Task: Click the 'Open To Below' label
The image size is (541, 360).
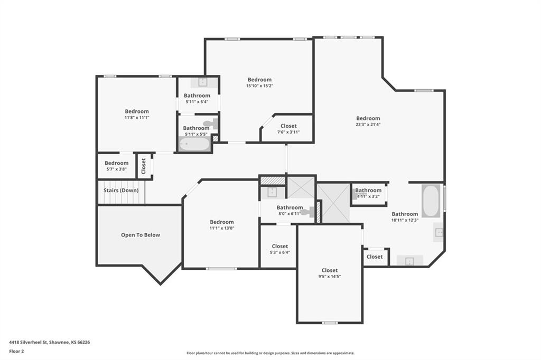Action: pyautogui.click(x=141, y=235)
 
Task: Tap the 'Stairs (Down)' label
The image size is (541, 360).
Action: pyautogui.click(x=121, y=191)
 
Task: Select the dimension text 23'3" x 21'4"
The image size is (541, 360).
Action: pyautogui.click(x=368, y=125)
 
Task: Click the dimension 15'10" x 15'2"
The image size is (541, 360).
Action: pyautogui.click(x=259, y=86)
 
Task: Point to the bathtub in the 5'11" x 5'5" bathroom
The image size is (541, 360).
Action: pyautogui.click(x=194, y=144)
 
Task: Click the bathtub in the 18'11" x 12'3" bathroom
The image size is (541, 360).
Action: pyautogui.click(x=431, y=201)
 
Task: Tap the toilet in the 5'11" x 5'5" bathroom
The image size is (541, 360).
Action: pyautogui.click(x=210, y=124)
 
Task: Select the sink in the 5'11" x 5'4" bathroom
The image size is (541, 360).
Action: pyautogui.click(x=202, y=82)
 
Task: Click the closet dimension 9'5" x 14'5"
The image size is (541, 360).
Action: pyautogui.click(x=330, y=277)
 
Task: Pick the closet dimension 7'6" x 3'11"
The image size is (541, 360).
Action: pyautogui.click(x=288, y=132)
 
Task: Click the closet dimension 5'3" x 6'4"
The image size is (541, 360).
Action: pyautogui.click(x=280, y=252)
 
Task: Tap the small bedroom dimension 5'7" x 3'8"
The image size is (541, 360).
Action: pyautogui.click(x=117, y=169)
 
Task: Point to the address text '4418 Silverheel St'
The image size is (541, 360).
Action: pyautogui.click(x=29, y=343)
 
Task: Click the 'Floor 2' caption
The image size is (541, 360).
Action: pyautogui.click(x=16, y=352)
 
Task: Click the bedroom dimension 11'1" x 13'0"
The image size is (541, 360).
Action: pyautogui.click(x=222, y=228)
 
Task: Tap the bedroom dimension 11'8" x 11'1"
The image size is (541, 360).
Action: pyautogui.click(x=137, y=118)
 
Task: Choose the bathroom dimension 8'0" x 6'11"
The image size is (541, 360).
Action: pyautogui.click(x=290, y=214)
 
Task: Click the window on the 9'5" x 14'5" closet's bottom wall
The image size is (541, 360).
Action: pyautogui.click(x=330, y=323)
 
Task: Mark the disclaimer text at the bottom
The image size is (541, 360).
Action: pyautogui.click(x=270, y=353)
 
